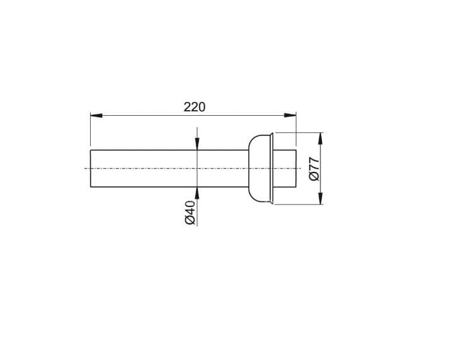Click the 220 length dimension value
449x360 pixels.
click(x=195, y=107)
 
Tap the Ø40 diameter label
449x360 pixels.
click(x=190, y=212)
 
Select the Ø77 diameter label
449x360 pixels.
click(x=314, y=169)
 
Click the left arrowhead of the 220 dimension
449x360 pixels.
click(x=96, y=115)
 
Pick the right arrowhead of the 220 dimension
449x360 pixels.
click(x=290, y=115)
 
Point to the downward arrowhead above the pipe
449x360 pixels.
click(x=197, y=143)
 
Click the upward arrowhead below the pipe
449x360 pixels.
click(x=197, y=193)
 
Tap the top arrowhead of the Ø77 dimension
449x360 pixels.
click(x=321, y=138)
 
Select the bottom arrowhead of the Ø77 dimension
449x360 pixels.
click(x=321, y=198)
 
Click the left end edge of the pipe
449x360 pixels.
click(x=91, y=169)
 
